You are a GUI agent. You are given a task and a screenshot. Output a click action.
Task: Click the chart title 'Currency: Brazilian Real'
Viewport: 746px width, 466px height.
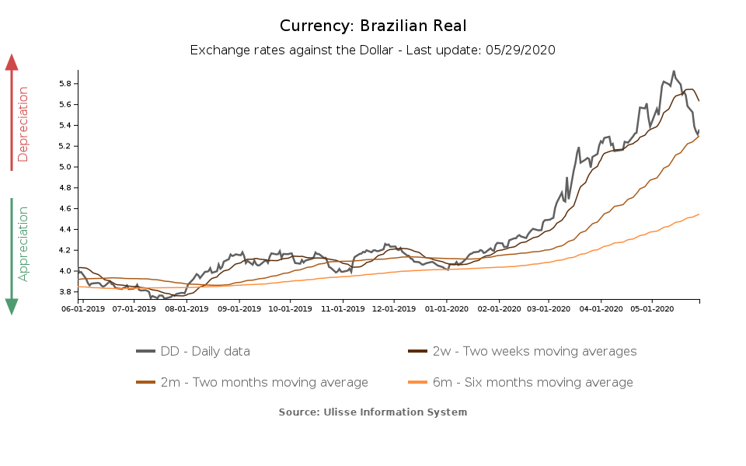tap(373, 26)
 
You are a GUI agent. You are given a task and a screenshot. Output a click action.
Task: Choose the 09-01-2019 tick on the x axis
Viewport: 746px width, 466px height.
tap(238, 308)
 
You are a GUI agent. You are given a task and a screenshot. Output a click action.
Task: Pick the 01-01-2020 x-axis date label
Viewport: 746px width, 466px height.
tap(447, 308)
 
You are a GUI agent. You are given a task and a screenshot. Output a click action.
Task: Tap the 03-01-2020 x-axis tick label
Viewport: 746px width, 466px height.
tap(549, 308)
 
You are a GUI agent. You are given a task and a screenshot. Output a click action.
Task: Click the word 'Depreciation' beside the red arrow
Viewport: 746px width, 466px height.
tap(23, 124)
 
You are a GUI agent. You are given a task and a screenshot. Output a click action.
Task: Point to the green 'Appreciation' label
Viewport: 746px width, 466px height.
tap(23, 243)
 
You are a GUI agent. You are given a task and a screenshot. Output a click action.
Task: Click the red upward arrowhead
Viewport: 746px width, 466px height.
tap(12, 62)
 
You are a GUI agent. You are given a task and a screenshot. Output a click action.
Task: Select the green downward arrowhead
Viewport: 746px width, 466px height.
tap(12, 306)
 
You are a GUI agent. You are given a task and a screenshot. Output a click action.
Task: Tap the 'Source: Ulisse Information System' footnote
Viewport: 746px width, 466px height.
tap(373, 412)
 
